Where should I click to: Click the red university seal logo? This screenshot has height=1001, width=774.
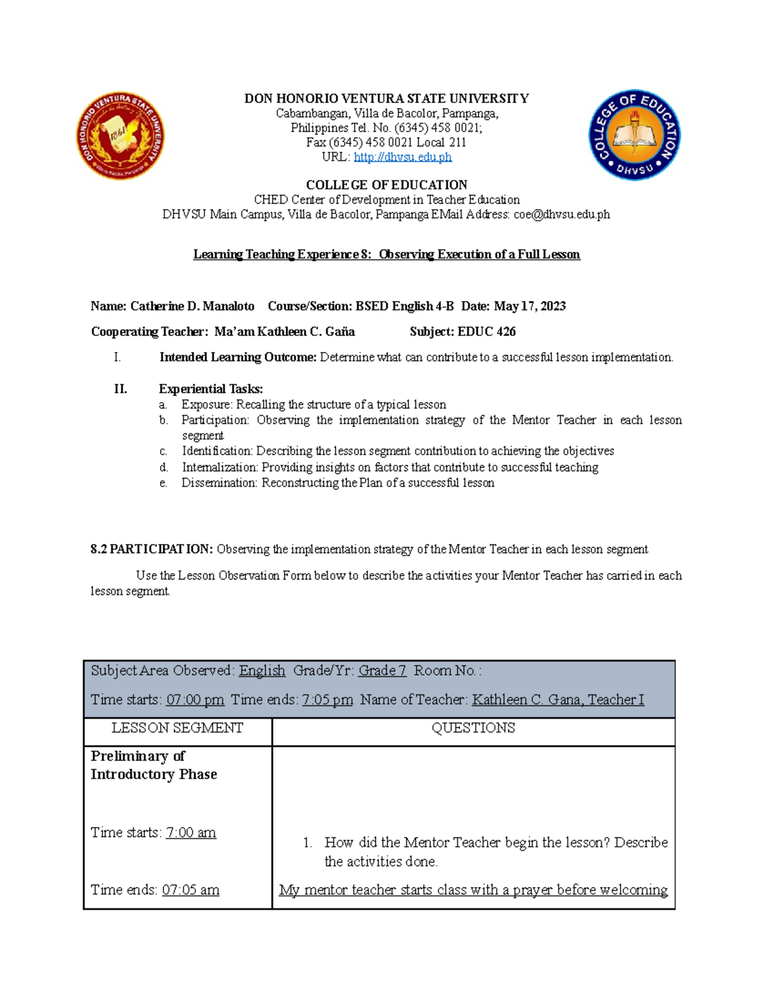click(121, 135)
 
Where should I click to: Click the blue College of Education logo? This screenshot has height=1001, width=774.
click(635, 135)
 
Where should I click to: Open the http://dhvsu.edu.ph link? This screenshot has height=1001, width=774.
click(402, 157)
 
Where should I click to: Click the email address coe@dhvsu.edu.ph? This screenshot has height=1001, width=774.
click(561, 215)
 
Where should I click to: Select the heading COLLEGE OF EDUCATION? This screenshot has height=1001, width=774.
click(386, 185)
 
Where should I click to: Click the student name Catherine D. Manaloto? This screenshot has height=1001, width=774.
click(192, 306)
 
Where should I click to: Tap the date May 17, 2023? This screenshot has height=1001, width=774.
click(530, 306)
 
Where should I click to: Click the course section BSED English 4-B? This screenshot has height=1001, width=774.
click(404, 306)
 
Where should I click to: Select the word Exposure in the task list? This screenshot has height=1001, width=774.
click(206, 405)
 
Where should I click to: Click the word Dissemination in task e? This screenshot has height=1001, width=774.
click(219, 483)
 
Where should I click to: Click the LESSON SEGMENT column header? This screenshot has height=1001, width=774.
click(177, 728)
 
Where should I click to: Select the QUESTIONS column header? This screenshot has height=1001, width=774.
click(473, 728)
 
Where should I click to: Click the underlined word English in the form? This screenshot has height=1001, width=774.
click(262, 671)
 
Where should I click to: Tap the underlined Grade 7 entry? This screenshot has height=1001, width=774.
click(382, 671)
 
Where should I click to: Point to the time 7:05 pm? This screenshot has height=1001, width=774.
click(327, 700)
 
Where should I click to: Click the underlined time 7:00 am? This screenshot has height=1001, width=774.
click(191, 833)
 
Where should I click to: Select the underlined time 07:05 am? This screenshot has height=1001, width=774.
click(190, 890)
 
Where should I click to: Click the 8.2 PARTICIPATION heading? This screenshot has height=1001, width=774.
click(152, 549)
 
